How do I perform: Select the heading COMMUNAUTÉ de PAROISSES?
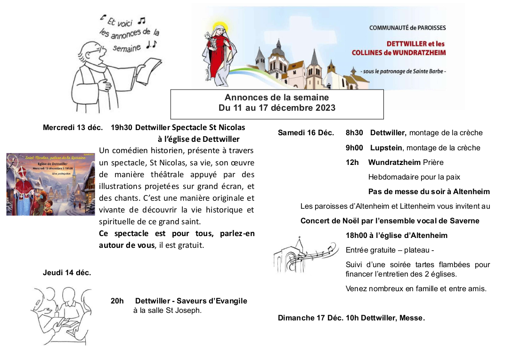(x=407, y=28)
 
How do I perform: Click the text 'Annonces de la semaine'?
(x=276, y=98)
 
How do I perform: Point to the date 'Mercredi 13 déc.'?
(x=73, y=127)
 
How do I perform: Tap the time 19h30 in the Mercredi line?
(x=121, y=127)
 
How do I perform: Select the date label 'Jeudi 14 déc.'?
(x=66, y=272)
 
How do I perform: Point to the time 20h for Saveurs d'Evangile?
(x=117, y=301)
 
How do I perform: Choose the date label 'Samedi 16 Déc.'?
(x=306, y=133)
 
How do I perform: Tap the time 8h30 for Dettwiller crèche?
(x=354, y=133)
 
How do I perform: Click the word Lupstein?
(x=386, y=148)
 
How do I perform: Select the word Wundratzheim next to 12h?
(x=394, y=163)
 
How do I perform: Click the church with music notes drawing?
(x=304, y=254)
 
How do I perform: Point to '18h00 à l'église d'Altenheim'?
(x=396, y=235)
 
